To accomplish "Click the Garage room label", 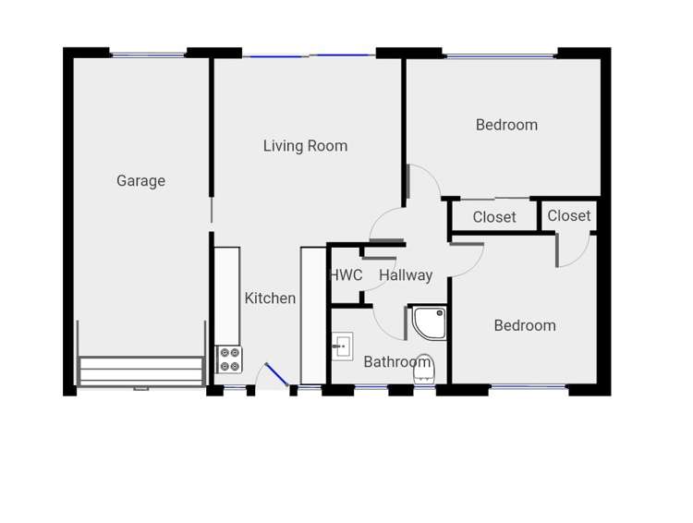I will pos(140,181).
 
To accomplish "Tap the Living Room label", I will pos(305,146).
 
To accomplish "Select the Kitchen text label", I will pos(270,298).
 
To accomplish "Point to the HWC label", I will pos(346,275).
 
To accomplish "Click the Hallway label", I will pos(406,275).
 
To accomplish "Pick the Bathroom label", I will pos(396,362).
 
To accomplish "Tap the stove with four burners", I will pos(228,359).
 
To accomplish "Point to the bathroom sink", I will pos(343,347).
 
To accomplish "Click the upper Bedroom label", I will pos(506,125).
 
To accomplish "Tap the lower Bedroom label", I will pos(525,325).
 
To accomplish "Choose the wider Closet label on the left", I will pos(494,217).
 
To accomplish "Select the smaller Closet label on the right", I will pos(568,215).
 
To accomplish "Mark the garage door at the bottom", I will pos(140,371).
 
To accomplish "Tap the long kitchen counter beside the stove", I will pos(227,296).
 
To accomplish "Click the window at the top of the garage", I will pos(148,55).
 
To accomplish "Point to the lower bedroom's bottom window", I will pos(528,387).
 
